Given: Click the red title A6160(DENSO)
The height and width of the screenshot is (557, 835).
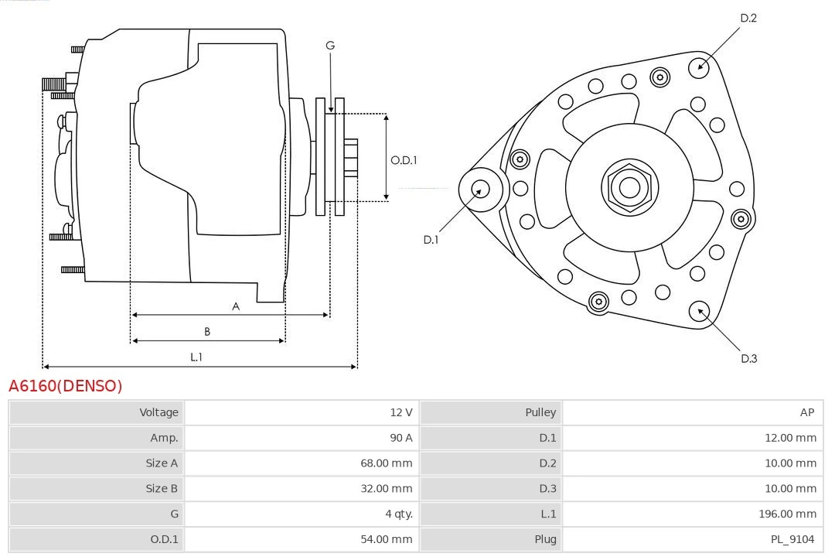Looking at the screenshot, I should tap(65, 386).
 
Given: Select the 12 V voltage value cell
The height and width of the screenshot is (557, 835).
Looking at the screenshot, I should tap(400, 412).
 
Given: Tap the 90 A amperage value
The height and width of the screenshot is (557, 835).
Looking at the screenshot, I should tap(400, 438).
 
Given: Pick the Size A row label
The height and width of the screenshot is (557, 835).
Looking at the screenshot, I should tap(162, 463).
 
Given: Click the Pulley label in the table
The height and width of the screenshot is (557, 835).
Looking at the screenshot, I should tap(540, 412).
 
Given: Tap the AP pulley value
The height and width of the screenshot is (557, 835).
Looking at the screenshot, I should tap(806, 412).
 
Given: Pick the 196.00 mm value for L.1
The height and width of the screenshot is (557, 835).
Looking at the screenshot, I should tap(787, 514).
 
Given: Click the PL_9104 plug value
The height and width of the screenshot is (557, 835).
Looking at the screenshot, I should tap(792, 539).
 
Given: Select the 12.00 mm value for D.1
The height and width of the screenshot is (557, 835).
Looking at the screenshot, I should tap(790, 438).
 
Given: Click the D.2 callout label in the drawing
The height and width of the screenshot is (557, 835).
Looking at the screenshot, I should tap(748, 18).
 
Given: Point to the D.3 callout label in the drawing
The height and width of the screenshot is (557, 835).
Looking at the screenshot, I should tap(748, 358).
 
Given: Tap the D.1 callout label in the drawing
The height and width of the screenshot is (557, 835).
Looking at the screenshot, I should tap(431, 240).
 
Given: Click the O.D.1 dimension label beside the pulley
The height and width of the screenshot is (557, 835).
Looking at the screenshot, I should tap(404, 160).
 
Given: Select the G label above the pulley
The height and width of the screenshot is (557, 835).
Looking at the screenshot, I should tap(330, 46).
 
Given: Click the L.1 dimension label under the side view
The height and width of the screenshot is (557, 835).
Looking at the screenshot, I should tap(196, 357).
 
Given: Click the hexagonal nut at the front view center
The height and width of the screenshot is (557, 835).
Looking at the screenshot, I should tap(629, 187).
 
